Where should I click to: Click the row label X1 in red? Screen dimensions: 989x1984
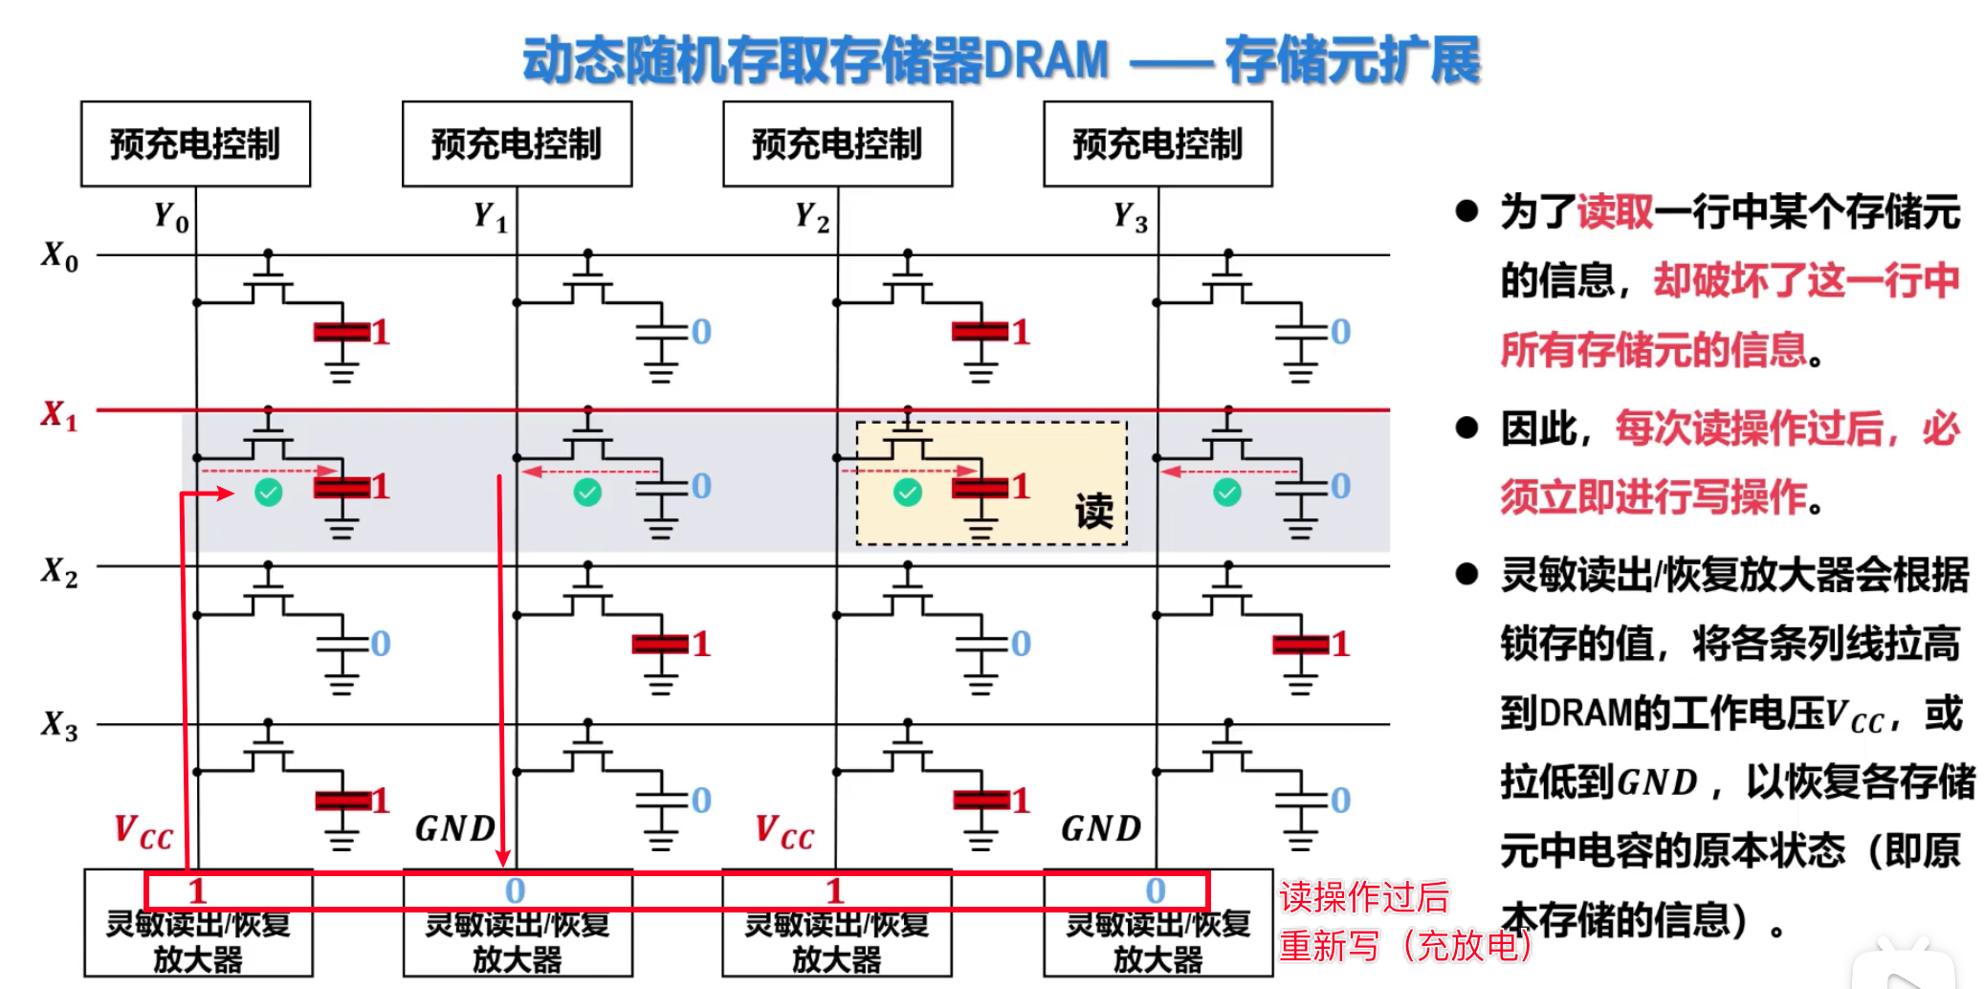click(x=58, y=415)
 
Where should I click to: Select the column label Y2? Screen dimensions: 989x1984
click(x=812, y=217)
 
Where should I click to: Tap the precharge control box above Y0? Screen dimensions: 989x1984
click(x=195, y=143)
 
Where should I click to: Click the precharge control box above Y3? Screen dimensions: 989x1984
click(x=1157, y=143)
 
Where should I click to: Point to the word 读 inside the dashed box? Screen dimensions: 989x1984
click(x=1093, y=511)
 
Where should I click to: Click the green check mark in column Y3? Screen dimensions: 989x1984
click(x=1227, y=493)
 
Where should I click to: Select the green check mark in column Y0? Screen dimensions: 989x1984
click(x=269, y=493)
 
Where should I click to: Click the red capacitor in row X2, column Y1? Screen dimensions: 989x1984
click(x=660, y=645)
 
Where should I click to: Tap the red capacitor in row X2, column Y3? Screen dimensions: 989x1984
click(x=1300, y=645)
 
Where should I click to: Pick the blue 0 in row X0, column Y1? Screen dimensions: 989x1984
click(x=701, y=332)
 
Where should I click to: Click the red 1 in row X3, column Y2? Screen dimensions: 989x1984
click(x=1021, y=800)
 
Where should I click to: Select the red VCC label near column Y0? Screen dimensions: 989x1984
click(x=143, y=831)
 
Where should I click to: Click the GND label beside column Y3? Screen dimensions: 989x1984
click(x=1101, y=828)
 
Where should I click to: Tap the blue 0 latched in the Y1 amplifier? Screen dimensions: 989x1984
click(x=516, y=890)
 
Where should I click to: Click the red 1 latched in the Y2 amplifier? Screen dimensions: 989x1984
click(x=835, y=890)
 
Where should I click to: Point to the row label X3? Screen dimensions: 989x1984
click(x=58, y=725)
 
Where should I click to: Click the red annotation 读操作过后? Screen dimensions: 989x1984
click(x=1364, y=897)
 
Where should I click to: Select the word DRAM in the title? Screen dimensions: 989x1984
click(x=1047, y=59)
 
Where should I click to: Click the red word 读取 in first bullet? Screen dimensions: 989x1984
click(x=1615, y=211)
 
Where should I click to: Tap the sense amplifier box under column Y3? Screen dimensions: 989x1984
click(x=1157, y=939)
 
